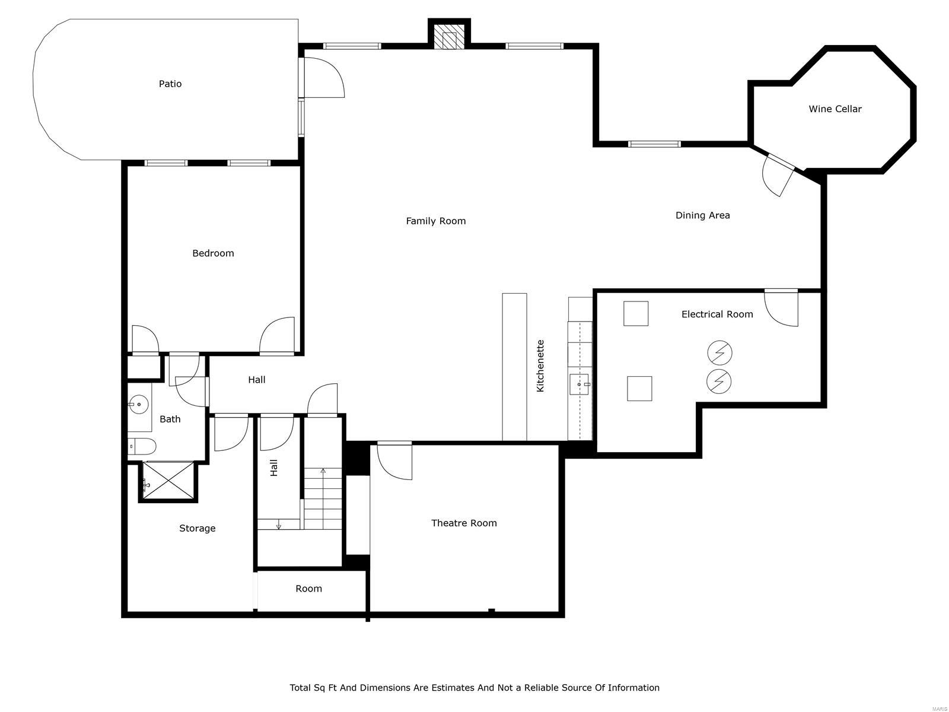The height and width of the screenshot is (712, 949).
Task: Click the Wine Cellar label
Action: [835, 109]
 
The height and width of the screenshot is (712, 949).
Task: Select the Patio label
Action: [170, 84]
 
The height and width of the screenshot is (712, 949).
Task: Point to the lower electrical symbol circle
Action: [719, 381]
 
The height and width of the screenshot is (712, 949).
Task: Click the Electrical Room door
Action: [782, 307]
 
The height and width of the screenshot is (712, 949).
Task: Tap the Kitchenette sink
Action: [579, 384]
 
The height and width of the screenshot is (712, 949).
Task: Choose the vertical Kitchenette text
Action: [540, 365]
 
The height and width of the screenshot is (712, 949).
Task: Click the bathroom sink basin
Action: [139, 405]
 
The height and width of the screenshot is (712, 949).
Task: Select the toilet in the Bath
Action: [142, 446]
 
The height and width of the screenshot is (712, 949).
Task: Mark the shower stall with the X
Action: [168, 480]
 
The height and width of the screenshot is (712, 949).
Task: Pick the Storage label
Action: [197, 528]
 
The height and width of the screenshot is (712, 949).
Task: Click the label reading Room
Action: [308, 589]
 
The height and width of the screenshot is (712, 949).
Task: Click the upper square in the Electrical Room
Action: [636, 313]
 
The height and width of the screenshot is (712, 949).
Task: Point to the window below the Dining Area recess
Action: [654, 144]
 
